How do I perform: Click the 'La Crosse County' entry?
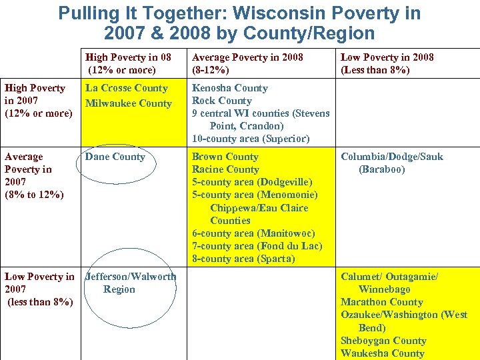pos(126,88)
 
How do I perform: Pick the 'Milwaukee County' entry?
pos(128,103)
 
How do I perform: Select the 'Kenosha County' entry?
pos(229,88)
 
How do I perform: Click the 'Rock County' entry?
pos(221,101)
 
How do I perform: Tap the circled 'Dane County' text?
pos(115,157)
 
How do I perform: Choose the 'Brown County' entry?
pos(225,157)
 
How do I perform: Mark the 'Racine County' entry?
pos(225,169)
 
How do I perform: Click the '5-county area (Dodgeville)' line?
pos(252,182)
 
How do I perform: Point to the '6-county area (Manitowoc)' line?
pos(253,233)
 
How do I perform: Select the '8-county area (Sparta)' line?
pos(243,259)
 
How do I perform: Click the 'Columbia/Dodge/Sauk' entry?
pos(392,157)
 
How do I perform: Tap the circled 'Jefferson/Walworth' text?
pos(131,277)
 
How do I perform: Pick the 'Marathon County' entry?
pos(382,302)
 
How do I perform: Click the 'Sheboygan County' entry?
pos(383,341)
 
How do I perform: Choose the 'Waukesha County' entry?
pos(382,353)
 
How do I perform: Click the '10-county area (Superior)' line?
pos(251,139)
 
